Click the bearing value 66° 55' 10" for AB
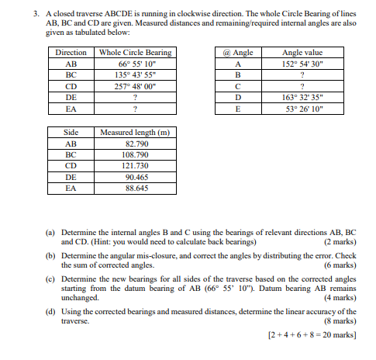point(136,64)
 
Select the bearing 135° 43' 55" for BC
point(136,76)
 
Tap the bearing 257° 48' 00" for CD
point(136,87)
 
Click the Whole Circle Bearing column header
point(136,53)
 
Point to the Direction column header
point(71,53)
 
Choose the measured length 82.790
point(136,144)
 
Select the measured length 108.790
point(136,154)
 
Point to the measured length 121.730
point(136,165)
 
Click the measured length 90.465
point(136,177)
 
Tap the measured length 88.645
point(136,188)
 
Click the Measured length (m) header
point(136,132)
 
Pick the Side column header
point(71,132)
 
